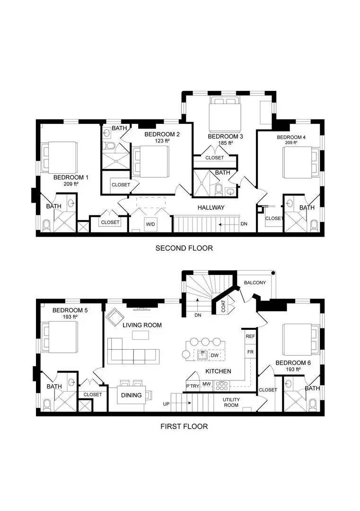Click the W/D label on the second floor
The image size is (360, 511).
point(150,224)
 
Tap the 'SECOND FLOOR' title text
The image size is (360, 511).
point(184,248)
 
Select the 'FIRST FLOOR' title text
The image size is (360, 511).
point(184,426)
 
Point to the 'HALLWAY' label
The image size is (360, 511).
point(211,207)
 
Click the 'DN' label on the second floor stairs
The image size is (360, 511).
point(244,224)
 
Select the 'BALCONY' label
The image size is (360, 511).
point(255,282)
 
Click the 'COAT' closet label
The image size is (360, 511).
point(223,307)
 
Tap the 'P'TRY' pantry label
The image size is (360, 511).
point(193,385)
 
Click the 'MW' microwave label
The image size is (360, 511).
point(206,384)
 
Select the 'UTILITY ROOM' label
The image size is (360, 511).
point(231,402)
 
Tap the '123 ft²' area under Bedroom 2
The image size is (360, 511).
point(162,141)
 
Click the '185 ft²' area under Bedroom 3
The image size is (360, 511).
point(225,142)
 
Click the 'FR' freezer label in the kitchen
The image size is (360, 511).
point(250,352)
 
